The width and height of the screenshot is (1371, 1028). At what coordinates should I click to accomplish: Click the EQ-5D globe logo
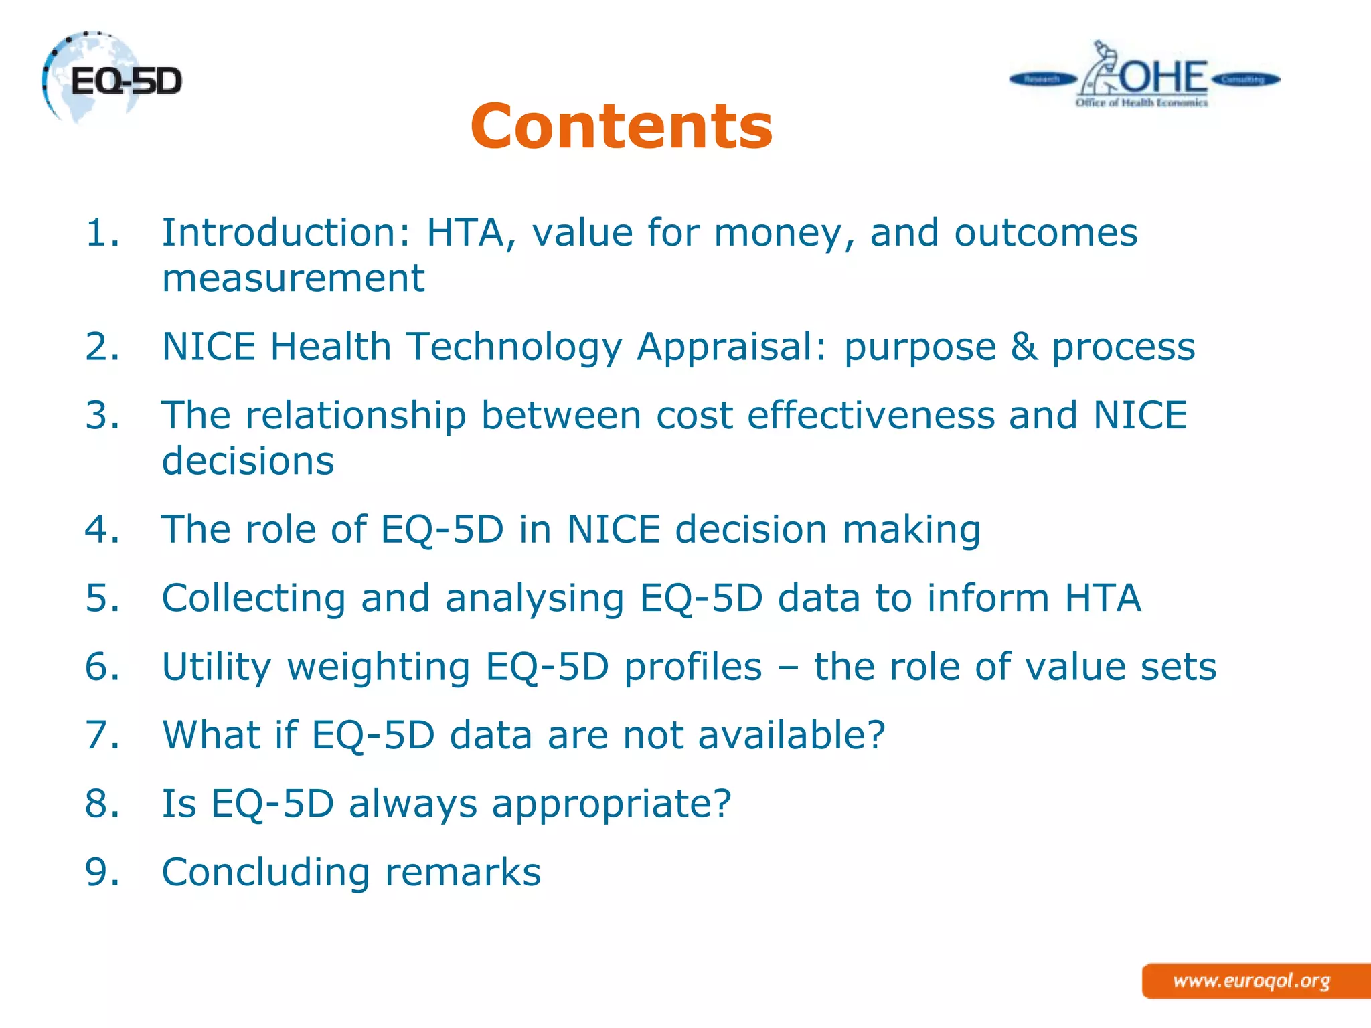pos(110,79)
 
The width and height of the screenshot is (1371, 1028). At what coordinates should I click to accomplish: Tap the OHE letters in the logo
pos(1163,77)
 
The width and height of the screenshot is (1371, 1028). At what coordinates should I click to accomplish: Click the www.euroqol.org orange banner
pos(1252,981)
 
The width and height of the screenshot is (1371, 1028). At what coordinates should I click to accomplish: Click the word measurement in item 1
pos(293,278)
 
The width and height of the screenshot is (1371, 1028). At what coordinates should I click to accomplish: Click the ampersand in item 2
pos(1024,347)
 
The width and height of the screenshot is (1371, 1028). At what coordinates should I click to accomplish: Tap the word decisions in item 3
pos(248,461)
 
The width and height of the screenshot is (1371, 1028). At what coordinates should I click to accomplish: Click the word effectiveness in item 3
pos(871,415)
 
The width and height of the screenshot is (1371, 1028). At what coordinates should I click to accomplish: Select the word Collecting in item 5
pos(254,598)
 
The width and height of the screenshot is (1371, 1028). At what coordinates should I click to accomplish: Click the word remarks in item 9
pos(463,872)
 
